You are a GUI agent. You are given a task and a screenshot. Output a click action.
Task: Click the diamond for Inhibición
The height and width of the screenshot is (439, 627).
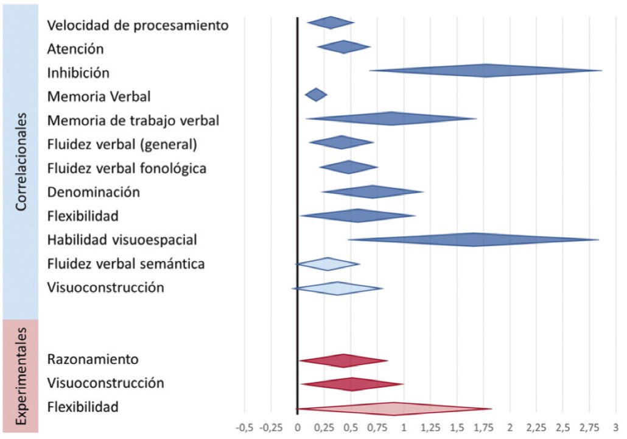(x=485, y=71)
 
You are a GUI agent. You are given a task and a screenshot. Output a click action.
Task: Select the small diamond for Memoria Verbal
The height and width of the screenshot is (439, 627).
(x=315, y=95)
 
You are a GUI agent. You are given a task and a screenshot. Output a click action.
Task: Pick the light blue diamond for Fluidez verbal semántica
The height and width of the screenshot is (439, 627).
(x=328, y=264)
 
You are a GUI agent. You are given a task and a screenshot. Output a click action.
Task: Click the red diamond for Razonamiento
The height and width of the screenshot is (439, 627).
(x=344, y=360)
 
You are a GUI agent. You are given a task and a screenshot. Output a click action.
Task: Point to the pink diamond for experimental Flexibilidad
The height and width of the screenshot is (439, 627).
(x=394, y=409)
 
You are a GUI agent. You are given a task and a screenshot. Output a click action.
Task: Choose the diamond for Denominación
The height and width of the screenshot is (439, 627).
(x=372, y=192)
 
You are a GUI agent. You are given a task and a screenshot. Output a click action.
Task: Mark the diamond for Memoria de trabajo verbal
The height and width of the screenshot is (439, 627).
(x=391, y=118)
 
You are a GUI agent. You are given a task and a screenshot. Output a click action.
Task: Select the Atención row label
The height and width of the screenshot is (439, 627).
(x=75, y=49)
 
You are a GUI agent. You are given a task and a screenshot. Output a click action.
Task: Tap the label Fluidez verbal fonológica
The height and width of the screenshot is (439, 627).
(x=127, y=168)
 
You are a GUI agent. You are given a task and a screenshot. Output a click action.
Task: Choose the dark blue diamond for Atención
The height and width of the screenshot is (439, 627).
(x=343, y=47)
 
